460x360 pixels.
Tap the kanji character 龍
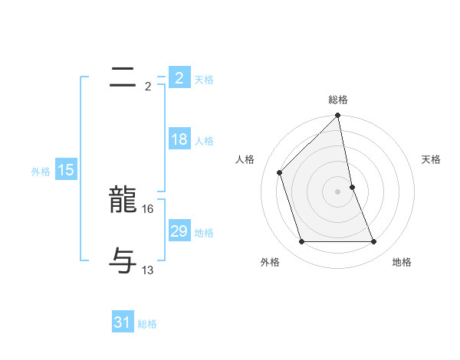pos(123,201)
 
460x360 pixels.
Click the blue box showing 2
pos(179,78)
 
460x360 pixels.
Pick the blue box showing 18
pos(179,140)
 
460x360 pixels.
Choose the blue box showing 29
pos(179,232)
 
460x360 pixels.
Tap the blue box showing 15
pos(66,171)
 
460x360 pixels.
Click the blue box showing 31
pos(122,323)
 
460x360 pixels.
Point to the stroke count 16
pos(148,208)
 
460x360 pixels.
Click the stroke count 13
pos(148,270)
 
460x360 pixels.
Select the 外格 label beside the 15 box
pos(41,172)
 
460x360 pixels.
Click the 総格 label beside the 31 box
pos(147,324)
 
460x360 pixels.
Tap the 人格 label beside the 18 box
pos(204,141)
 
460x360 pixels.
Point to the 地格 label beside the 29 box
pos(204,233)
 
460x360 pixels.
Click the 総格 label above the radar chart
pos(338,100)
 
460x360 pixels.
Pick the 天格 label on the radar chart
pos(431,159)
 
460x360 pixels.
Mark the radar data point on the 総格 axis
pos(338,116)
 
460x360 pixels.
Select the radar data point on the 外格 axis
pos(302,242)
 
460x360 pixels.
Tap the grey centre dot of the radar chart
pos(338,191)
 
